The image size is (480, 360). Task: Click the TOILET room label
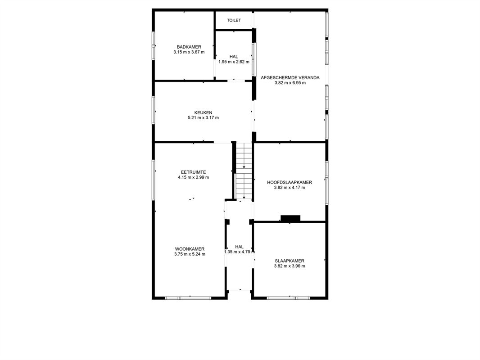[234, 20]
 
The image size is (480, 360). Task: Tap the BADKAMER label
[189, 47]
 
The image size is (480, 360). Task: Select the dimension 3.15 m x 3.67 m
[189, 52]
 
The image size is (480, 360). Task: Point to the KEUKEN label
[203, 112]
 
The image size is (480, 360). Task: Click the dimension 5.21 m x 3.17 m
[203, 118]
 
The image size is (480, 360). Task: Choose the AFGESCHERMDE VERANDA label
[290, 77]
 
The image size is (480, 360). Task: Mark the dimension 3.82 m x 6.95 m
[290, 83]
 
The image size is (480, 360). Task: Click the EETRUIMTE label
[193, 172]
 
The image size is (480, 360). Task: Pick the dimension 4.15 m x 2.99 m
[193, 177]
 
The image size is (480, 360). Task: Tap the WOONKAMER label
[190, 249]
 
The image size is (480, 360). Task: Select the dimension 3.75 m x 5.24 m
[190, 254]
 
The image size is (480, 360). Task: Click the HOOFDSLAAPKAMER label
[290, 182]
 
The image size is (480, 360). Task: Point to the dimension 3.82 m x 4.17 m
[290, 188]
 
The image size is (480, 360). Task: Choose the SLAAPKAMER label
[290, 261]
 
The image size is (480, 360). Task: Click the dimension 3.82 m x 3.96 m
[290, 266]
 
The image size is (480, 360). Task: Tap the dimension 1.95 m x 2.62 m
[234, 62]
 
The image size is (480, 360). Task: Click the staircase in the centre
[244, 171]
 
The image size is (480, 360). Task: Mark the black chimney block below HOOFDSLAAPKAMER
[290, 218]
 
